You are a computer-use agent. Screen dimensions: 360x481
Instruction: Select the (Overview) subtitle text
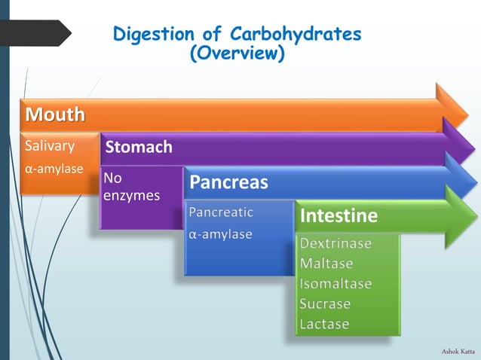tap(237, 54)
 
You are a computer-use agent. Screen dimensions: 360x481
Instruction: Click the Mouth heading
tap(54, 115)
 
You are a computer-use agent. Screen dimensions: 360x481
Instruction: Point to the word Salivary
tap(50, 145)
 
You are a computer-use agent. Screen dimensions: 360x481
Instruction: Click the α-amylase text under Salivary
tap(54, 169)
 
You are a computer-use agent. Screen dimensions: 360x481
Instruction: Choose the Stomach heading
tap(139, 147)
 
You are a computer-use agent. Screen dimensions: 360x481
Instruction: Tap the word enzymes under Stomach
tap(132, 196)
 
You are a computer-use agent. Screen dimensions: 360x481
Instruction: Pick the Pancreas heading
tap(228, 182)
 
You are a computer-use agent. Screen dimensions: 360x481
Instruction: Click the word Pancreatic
tap(221, 212)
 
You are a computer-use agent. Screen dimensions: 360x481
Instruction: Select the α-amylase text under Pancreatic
tap(220, 234)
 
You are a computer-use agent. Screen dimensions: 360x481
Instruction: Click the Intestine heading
tap(339, 216)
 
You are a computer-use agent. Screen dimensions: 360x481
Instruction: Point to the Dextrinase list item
tap(335, 244)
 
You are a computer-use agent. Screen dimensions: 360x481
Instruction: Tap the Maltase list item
tap(326, 264)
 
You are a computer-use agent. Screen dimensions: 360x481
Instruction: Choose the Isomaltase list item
tap(335, 284)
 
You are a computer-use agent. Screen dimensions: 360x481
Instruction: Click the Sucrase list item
tap(325, 304)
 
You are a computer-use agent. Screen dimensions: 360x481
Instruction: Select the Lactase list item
tap(324, 324)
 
